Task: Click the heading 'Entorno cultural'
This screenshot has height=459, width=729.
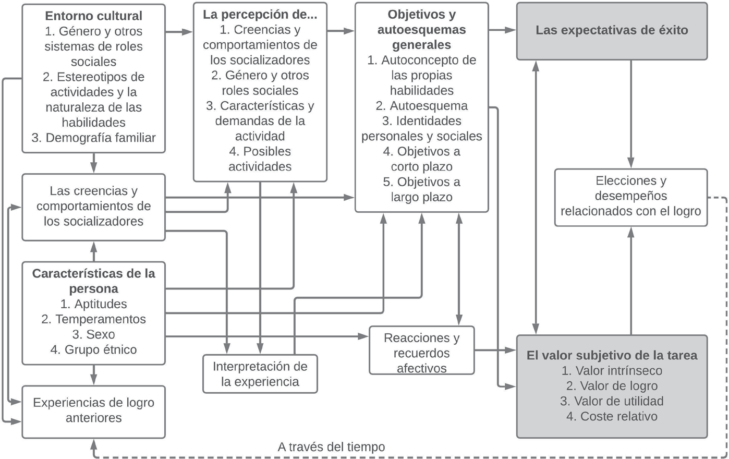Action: click(93, 16)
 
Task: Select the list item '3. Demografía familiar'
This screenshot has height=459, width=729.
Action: click(93, 138)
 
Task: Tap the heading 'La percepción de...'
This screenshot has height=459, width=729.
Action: click(260, 15)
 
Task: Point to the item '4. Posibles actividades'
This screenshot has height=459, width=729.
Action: click(260, 159)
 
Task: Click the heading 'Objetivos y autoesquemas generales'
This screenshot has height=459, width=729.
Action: click(421, 29)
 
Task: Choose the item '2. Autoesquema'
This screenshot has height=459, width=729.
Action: click(421, 106)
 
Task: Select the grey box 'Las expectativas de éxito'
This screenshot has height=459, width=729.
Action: click(612, 30)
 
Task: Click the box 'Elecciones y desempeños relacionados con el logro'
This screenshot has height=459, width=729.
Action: click(630, 197)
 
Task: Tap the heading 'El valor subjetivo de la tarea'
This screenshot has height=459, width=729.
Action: click(612, 356)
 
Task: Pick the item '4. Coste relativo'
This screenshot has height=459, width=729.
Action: click(612, 416)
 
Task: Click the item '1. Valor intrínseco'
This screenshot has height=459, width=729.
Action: click(612, 371)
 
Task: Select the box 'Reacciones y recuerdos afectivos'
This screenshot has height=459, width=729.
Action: click(421, 353)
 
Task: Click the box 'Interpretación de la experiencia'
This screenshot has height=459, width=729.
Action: click(260, 374)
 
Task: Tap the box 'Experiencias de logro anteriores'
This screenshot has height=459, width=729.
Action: click(93, 410)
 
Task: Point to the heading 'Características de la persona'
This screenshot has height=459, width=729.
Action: click(93, 281)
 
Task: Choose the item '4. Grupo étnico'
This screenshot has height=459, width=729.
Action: click(93, 349)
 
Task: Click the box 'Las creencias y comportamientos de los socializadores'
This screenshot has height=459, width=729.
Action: click(93, 207)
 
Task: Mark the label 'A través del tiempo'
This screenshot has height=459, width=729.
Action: click(331, 447)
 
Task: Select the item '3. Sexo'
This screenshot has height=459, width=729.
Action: click(93, 334)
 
